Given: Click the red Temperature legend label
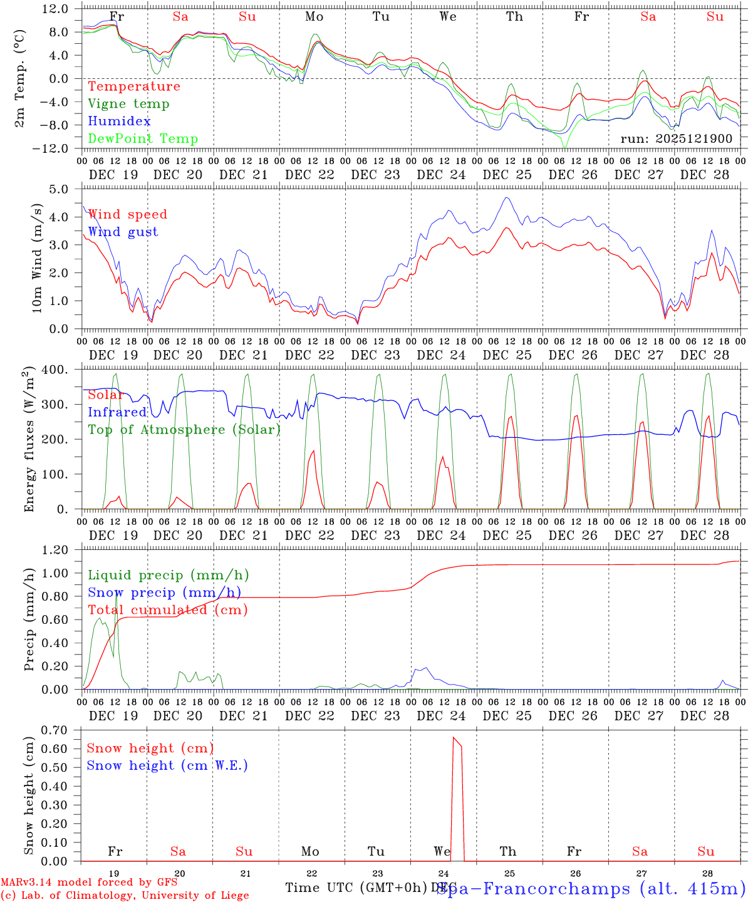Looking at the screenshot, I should point(133,86).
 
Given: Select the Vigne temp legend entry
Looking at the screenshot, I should point(128,104).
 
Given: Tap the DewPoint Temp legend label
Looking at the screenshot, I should point(143,139).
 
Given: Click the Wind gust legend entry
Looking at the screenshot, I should point(123,232).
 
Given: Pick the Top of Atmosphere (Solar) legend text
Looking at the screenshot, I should point(184,430).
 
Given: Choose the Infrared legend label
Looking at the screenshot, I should point(117,412).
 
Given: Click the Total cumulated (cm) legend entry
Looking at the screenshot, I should point(167,609).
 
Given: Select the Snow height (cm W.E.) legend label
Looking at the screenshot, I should point(167,765).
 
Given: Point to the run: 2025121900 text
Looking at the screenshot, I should point(676,138).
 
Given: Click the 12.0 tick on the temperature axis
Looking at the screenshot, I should point(56,9).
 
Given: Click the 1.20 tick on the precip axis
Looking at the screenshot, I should point(55,550).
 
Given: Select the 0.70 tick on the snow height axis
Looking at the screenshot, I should point(55,730).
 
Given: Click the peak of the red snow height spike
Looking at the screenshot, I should point(454,738).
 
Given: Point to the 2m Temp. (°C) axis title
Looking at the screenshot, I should point(20,79).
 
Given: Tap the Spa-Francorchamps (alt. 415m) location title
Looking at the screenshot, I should point(591,888).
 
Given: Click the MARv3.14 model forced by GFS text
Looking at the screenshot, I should point(88,883).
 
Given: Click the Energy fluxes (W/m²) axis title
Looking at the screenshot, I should point(29,441).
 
